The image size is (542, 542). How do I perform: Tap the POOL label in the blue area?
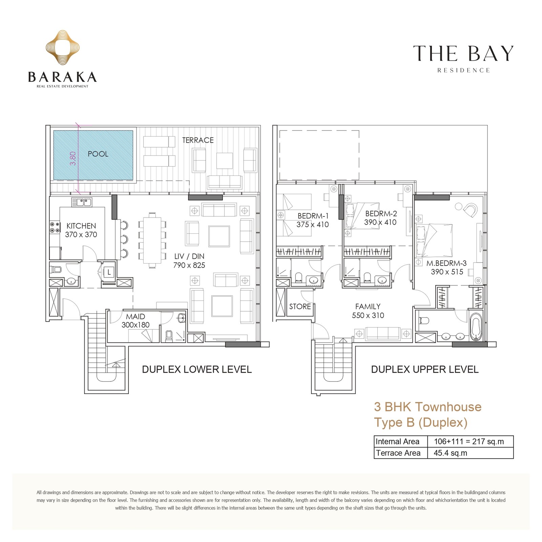pyautogui.click(x=98, y=154)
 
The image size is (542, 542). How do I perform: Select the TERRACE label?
pyautogui.click(x=198, y=140)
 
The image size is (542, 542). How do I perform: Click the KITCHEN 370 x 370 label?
pyautogui.click(x=81, y=230)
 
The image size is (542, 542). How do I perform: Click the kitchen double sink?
pyautogui.click(x=82, y=202)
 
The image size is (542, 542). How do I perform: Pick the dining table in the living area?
pyautogui.click(x=152, y=240)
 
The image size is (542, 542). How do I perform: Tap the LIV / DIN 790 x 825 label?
pyautogui.click(x=189, y=261)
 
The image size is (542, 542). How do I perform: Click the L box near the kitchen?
pyautogui.click(x=109, y=272)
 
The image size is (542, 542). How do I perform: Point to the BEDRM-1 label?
pyautogui.click(x=313, y=216)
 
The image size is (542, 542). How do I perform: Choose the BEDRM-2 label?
pyautogui.click(x=381, y=214)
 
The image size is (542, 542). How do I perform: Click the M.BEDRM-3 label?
pyautogui.click(x=446, y=263)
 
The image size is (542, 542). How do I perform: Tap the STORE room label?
pyautogui.click(x=300, y=307)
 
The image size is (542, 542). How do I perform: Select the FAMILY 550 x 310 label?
pyautogui.click(x=368, y=311)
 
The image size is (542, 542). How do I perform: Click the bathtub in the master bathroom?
pyautogui.click(x=476, y=327)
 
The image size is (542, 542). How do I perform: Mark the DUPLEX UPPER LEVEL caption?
pyautogui.click(x=425, y=369)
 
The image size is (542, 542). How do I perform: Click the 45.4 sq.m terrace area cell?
pyautogui.click(x=451, y=453)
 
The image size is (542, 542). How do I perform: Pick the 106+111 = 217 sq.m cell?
pyautogui.click(x=469, y=441)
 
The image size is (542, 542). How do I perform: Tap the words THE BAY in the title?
pyautogui.click(x=463, y=54)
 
